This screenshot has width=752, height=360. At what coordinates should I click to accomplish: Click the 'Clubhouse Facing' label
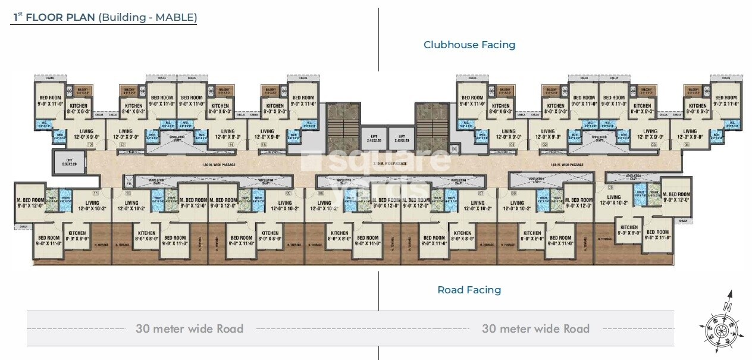coord(469,45)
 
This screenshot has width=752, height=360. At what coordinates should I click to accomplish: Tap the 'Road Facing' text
coord(469,290)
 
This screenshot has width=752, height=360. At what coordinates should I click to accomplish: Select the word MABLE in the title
coord(176,17)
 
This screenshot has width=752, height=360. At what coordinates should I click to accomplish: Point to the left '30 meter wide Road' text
coord(189,328)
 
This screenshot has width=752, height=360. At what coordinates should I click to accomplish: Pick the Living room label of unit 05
coord(614,200)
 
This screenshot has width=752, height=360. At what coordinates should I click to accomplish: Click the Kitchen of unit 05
coord(629,230)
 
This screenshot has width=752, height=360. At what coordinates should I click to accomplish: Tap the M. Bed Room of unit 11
coord(30,203)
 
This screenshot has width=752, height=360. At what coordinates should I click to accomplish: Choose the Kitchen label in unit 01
coord(500,108)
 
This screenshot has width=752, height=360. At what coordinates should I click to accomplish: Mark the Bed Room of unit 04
coord(725,101)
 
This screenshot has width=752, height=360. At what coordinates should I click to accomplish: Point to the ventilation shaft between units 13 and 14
coord(176,137)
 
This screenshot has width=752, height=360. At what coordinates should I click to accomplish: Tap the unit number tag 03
coord(653,145)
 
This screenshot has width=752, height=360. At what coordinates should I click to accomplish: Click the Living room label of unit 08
coord(319,206)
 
